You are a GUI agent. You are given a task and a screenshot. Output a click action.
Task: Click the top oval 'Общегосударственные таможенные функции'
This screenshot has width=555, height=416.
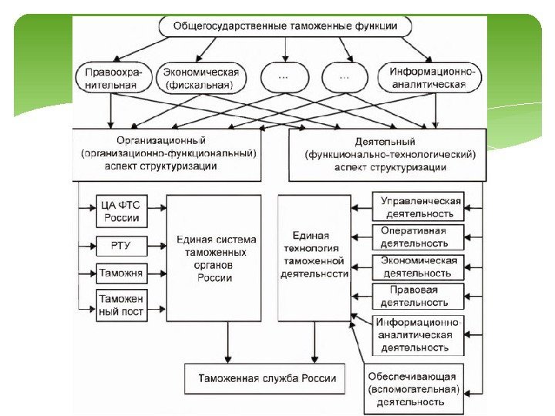[x=286, y=26]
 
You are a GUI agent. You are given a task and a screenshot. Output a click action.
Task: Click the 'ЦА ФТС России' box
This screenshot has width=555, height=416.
[x=120, y=211]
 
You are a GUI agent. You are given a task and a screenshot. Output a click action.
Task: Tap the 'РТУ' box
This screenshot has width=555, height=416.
[x=120, y=247]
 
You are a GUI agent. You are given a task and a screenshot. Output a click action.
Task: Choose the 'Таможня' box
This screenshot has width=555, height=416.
[x=120, y=273]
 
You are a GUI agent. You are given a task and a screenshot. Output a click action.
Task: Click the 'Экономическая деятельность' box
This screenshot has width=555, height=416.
[x=419, y=267]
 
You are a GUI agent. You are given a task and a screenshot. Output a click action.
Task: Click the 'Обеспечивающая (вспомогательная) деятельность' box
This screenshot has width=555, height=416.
[x=415, y=389]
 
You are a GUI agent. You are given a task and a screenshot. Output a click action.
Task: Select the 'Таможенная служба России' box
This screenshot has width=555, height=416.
[x=267, y=378]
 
